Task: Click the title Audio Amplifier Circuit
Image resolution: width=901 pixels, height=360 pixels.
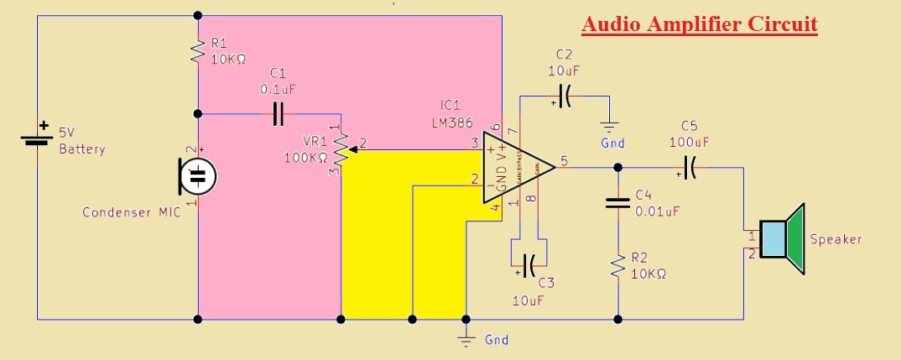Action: [x=700, y=23]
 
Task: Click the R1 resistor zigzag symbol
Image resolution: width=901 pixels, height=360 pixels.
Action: [x=198, y=51]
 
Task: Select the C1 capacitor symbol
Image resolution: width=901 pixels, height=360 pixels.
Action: [x=279, y=113]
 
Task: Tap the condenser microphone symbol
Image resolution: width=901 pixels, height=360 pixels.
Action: [x=198, y=176]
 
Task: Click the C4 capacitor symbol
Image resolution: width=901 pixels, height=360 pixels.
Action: [x=617, y=202]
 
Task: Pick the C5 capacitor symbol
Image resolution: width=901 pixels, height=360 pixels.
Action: [x=689, y=169]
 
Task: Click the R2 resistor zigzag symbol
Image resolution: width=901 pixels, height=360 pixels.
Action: [x=617, y=267]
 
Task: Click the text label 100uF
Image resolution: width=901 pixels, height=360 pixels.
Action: [x=688, y=142]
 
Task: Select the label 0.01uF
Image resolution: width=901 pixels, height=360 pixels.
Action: [x=657, y=211]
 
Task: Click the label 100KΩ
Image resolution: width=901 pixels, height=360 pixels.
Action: [x=306, y=157]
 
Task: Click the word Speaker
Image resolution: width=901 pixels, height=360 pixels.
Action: [x=836, y=239]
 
